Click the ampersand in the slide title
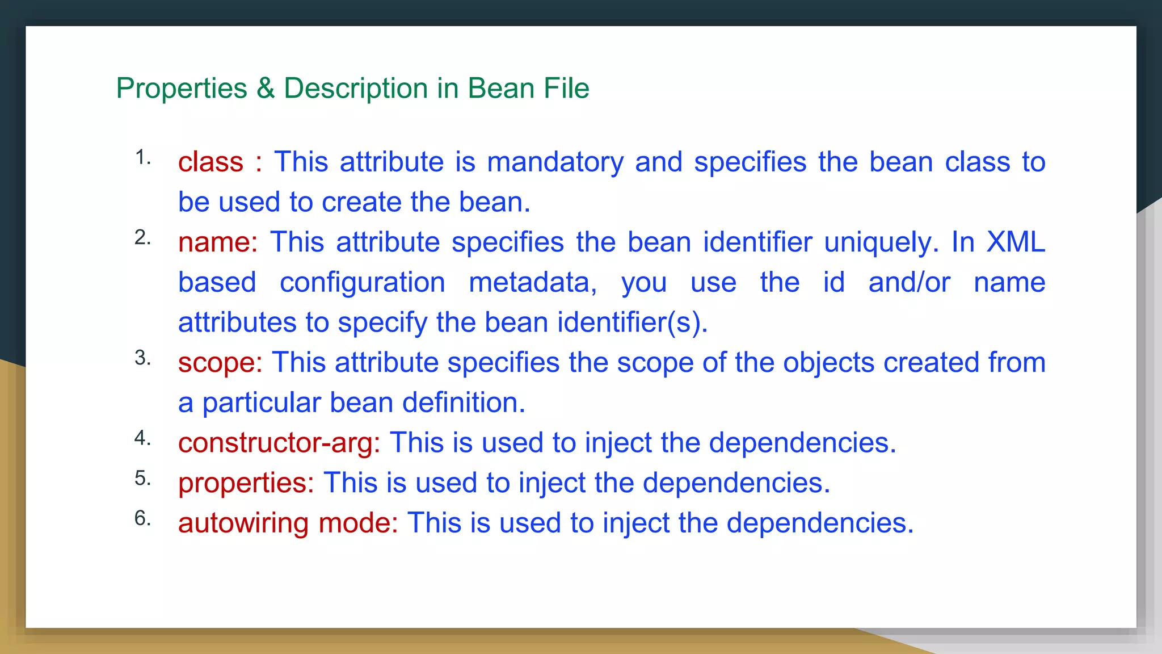click(x=266, y=89)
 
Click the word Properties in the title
click(x=182, y=89)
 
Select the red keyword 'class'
click(x=210, y=162)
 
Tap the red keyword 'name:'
click(x=218, y=242)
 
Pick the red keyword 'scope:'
click(x=220, y=363)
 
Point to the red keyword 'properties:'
click(x=246, y=483)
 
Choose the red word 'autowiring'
click(x=243, y=523)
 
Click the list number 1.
click(x=142, y=157)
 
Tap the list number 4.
click(x=142, y=438)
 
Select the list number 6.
click(x=142, y=518)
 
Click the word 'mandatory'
click(x=555, y=162)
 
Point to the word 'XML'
click(x=1016, y=242)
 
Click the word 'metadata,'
click(x=533, y=283)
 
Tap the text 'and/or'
click(x=909, y=283)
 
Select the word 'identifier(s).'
click(x=633, y=322)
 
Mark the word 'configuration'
click(x=363, y=283)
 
